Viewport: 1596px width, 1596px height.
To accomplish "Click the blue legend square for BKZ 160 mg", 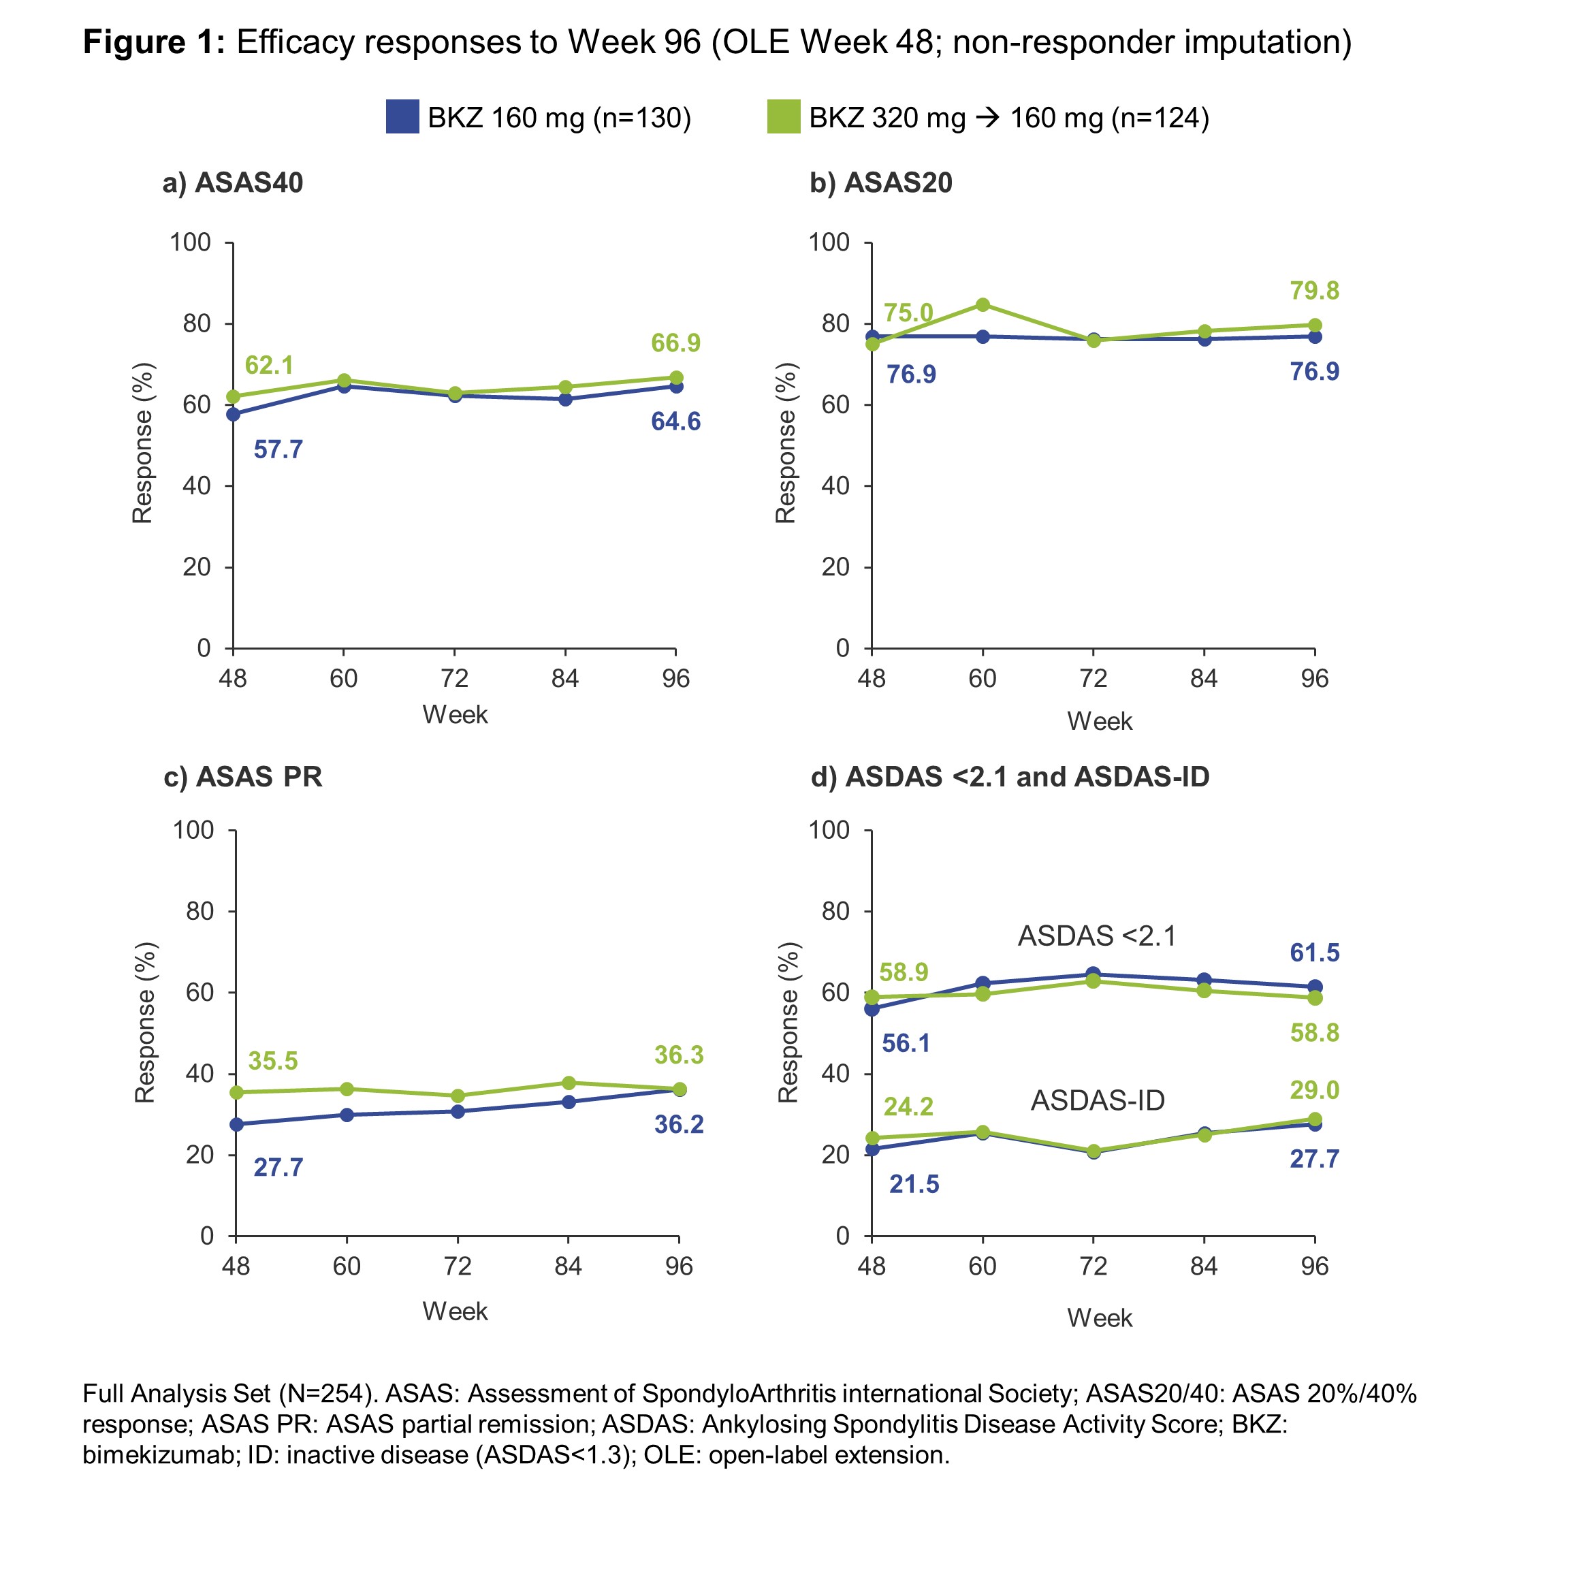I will point(402,116).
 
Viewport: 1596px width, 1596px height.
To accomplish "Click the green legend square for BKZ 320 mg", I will point(783,116).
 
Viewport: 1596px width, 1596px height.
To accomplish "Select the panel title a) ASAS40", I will point(233,182).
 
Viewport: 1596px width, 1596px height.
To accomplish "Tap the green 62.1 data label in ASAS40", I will point(270,364).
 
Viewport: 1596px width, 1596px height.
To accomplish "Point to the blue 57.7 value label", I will point(278,449).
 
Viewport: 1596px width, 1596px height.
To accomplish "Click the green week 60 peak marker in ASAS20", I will point(983,305).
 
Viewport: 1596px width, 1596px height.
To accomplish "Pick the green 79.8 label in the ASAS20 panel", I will point(1314,291).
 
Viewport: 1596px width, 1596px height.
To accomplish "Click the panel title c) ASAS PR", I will point(243,776).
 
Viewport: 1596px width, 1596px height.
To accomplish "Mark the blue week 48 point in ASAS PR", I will point(236,1124).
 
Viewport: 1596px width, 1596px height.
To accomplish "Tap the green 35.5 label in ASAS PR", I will point(272,1061).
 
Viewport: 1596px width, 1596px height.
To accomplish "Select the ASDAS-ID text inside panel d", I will point(1097,1100).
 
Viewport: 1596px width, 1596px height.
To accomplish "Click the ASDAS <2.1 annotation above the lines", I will point(1096,936).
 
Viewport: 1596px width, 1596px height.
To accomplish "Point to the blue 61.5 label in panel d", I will point(1314,953).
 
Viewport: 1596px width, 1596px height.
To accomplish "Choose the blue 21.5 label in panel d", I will point(914,1184).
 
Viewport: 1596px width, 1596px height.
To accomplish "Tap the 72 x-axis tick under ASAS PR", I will point(457,1266).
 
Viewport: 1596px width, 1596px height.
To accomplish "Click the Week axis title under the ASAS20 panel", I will point(1099,721).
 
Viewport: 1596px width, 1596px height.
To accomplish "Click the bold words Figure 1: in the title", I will point(154,42).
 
